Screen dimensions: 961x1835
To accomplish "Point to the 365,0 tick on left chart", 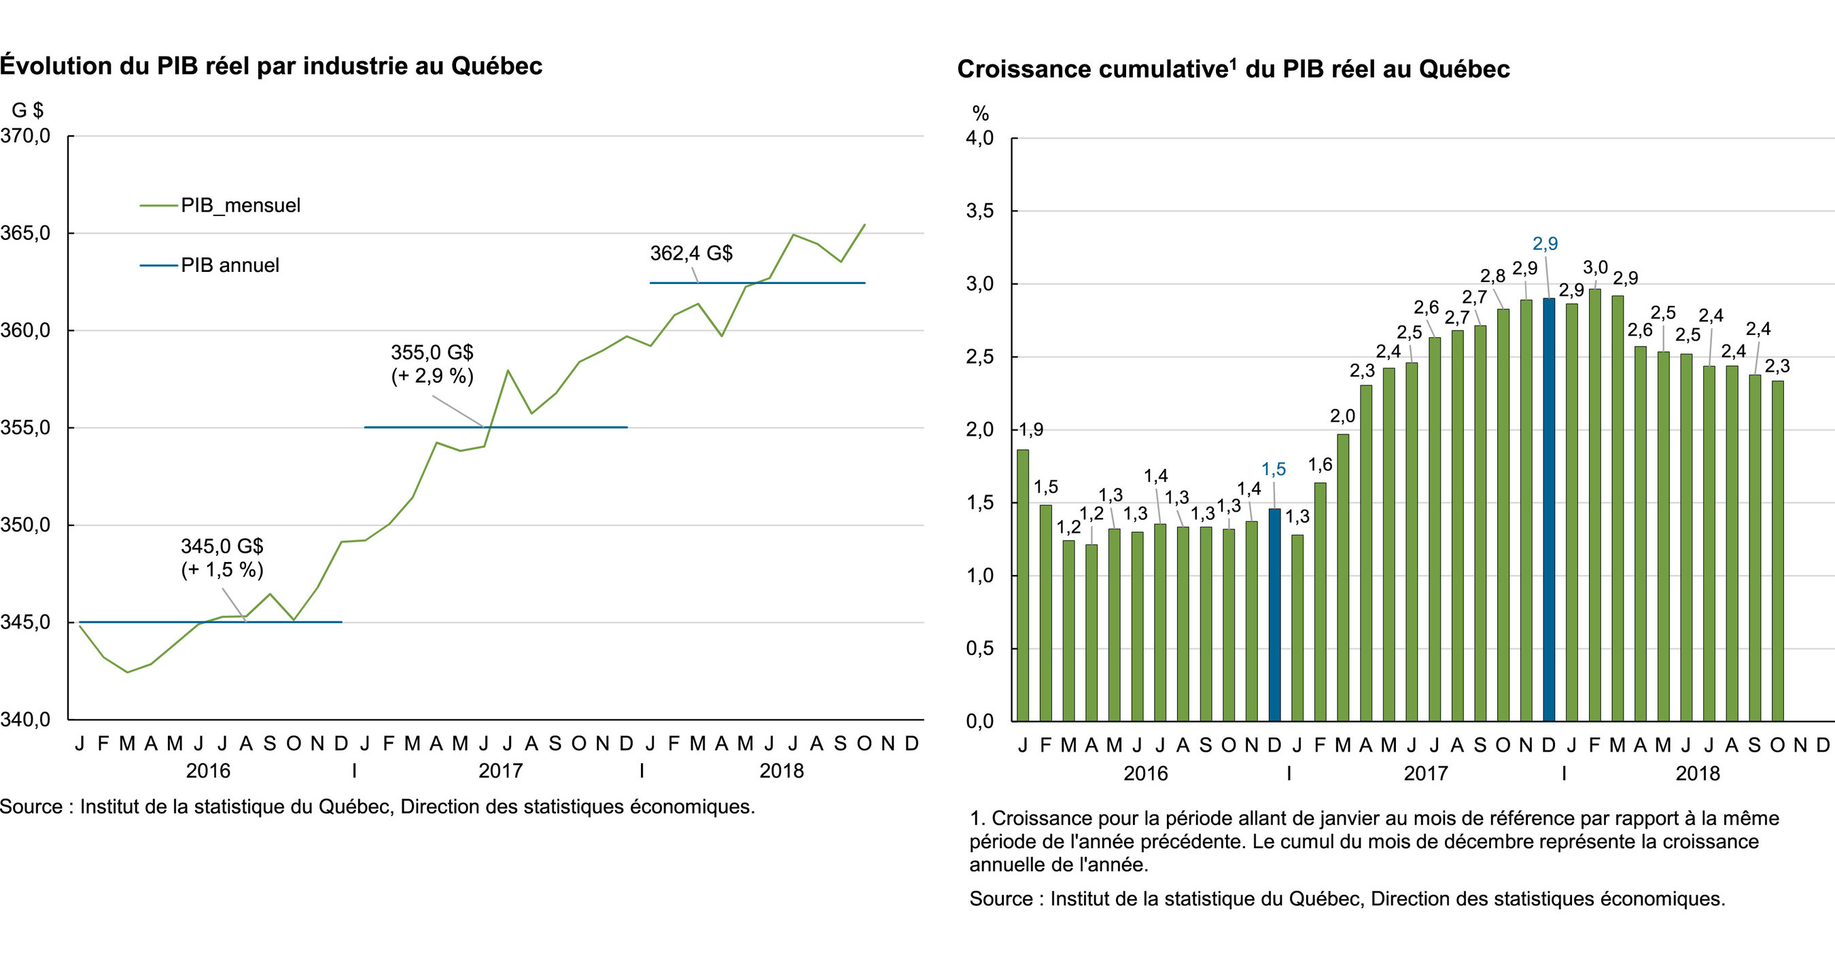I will pos(26,233).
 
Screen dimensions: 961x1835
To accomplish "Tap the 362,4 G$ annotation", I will pos(691,253).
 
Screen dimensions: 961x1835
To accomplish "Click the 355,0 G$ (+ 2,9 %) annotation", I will pos(432,364).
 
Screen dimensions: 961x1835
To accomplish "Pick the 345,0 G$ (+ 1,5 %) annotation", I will pos(222,558).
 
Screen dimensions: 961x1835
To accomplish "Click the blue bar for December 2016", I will pos(1274,614).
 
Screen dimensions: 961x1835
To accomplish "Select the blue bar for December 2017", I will pos(1549,509).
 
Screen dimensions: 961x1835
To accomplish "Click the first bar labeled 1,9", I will pos(1023,584).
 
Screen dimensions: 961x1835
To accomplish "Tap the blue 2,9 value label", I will pos(1545,243).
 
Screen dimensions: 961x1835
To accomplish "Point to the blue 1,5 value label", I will pos(1274,469).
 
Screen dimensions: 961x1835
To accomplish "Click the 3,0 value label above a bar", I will pos(1595,268).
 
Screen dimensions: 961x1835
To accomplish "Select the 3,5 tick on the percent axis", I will pos(979,211).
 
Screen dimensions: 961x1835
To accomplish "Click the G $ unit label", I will pos(27,109).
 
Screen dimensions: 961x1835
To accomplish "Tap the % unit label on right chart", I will pos(980,113).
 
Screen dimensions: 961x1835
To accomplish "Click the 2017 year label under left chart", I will pos(500,771).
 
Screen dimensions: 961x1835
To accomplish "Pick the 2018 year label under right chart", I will pos(1698,773).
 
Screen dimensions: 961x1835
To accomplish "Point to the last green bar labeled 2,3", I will pos(1777,551).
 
